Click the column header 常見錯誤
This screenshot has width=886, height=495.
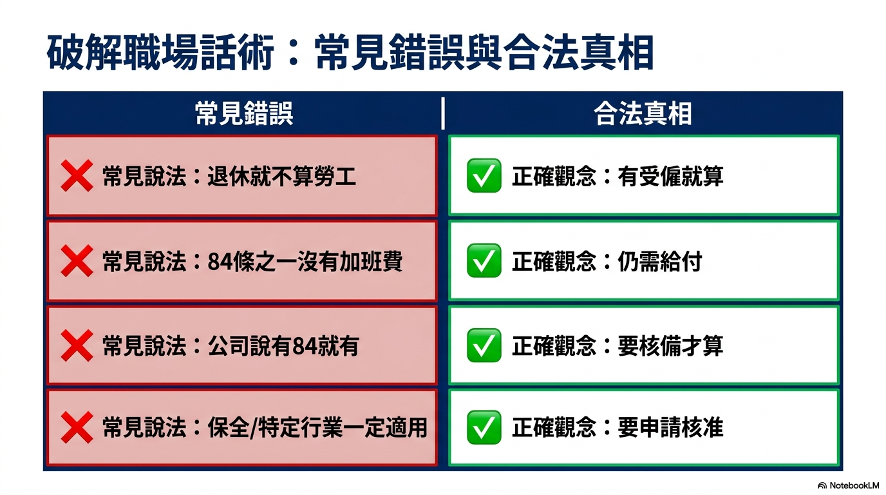point(244,113)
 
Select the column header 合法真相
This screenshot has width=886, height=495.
point(643,113)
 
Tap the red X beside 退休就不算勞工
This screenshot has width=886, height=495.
point(77,176)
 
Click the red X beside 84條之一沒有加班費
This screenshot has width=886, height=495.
point(77,260)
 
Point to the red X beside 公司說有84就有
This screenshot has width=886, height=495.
point(77,345)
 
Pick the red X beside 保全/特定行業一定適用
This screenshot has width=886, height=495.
point(77,427)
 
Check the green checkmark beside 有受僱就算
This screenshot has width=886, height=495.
point(484,175)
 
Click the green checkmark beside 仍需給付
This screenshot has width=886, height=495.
point(484,260)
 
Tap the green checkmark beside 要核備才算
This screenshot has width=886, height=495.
point(484,345)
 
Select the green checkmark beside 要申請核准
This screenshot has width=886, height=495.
point(484,427)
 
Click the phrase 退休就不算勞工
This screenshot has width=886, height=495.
point(281,176)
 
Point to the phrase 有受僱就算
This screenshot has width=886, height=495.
point(670,176)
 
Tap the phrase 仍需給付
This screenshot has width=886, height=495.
point(660,262)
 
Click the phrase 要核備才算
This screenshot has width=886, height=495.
point(670,345)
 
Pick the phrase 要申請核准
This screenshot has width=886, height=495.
point(670,428)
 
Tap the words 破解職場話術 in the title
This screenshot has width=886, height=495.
point(160,53)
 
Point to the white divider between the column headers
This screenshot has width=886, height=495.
point(442,113)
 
